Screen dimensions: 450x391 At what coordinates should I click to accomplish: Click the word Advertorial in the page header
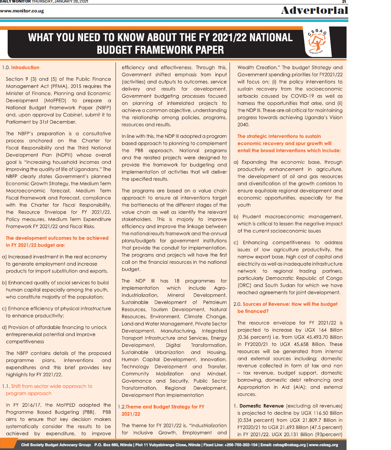314,10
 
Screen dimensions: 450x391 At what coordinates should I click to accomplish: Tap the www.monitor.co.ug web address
22,11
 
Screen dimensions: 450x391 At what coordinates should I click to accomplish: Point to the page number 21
344,2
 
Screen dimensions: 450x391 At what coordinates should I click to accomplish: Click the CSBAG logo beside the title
317,42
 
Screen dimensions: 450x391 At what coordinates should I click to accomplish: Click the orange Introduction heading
25,67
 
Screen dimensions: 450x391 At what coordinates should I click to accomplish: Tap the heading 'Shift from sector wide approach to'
52,386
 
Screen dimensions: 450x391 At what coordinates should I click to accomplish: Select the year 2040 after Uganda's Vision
243,125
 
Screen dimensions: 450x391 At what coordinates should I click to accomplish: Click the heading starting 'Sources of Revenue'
290,304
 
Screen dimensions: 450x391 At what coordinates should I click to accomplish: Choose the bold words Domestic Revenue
261,406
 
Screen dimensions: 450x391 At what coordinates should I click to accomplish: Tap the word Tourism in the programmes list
159,309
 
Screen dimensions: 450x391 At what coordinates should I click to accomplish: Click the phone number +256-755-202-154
235,445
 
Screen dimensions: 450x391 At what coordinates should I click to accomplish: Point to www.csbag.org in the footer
323,445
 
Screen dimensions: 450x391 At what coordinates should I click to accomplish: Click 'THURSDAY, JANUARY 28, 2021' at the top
60,2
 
